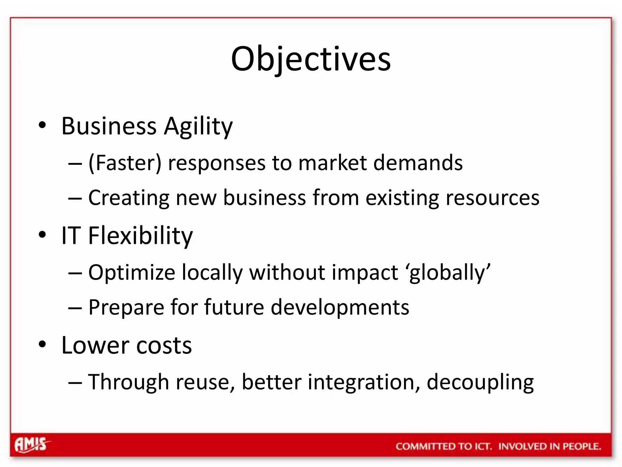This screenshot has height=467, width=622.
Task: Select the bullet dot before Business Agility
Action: coord(43,125)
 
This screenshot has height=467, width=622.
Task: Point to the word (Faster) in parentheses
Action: coord(125,163)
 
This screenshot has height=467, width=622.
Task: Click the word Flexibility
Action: coord(140,236)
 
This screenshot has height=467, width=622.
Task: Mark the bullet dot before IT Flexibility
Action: coord(43,235)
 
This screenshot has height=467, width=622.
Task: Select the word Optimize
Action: coord(132,273)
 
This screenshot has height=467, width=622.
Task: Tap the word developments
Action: coord(340,308)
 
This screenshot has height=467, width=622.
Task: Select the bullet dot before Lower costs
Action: coord(43,344)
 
